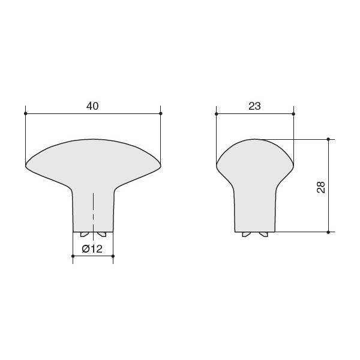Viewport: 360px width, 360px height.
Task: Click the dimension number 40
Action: pos(92,106)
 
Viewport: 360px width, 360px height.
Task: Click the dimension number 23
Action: pos(254,106)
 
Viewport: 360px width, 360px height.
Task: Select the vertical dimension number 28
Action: pos(321,187)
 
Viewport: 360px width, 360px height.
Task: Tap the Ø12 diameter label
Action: pos(92,249)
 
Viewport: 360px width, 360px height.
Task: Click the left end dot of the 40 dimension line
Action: pos(25,113)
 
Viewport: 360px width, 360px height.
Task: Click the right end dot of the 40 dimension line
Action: pos(160,113)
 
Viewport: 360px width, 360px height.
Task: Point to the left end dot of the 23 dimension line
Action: pos(216,114)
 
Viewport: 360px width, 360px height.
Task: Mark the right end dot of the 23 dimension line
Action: pos(293,114)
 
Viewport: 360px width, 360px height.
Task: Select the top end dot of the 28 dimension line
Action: pos(328,139)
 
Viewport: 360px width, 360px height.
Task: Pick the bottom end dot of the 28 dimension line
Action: pos(328,232)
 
